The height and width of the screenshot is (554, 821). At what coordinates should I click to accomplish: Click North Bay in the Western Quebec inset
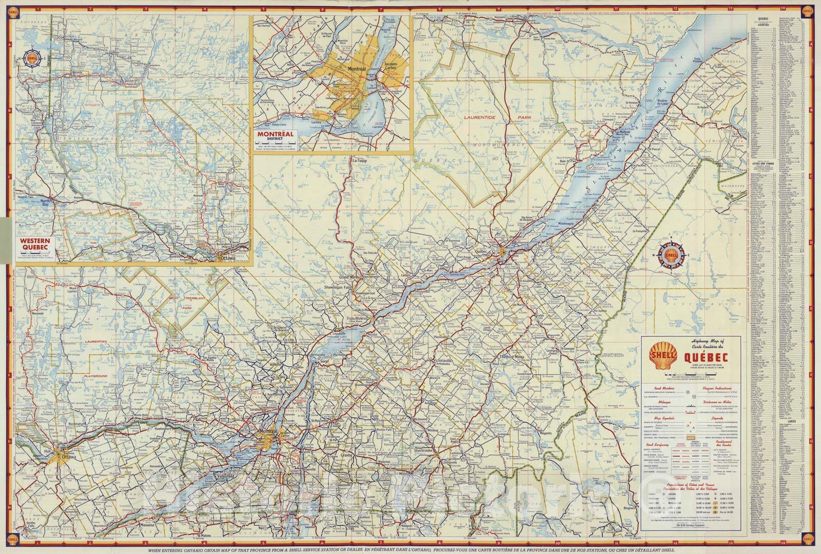pyautogui.click(x=47, y=201)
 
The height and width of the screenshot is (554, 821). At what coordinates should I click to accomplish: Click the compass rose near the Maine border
pyautogui.click(x=671, y=254)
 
